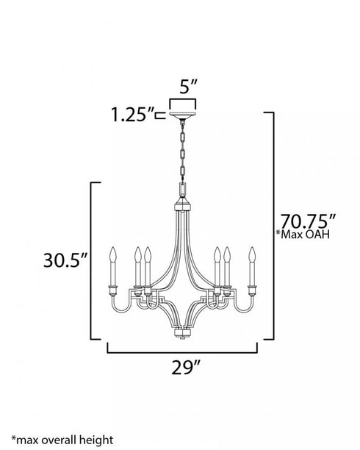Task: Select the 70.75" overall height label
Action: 306,221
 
